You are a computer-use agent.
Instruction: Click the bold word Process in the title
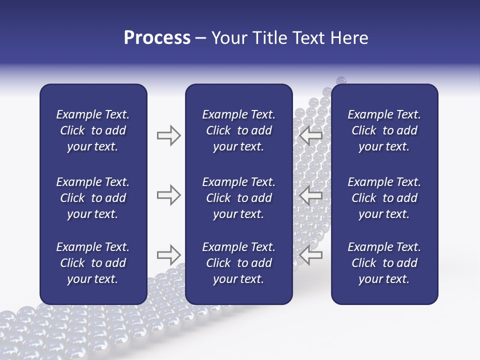[x=157, y=38]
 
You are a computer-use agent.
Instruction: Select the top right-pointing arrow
[x=168, y=135]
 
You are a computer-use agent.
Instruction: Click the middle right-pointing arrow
[x=168, y=195]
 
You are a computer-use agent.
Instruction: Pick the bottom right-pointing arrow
[x=168, y=254]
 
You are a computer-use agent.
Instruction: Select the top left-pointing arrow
[x=310, y=135]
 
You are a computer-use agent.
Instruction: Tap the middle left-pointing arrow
[x=310, y=195]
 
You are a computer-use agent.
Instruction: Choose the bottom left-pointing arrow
[x=310, y=254]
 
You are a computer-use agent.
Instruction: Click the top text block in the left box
[x=93, y=130]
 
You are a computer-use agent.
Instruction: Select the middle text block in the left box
[x=93, y=198]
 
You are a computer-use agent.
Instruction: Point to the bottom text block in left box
[x=93, y=263]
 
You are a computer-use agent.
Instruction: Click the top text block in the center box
[x=238, y=130]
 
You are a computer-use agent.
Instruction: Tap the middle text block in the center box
[x=238, y=198]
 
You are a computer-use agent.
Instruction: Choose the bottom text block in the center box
[x=238, y=263]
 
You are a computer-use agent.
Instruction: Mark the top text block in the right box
[x=384, y=130]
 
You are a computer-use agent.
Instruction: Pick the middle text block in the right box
[x=384, y=198]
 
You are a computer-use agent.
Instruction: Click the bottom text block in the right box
[x=384, y=263]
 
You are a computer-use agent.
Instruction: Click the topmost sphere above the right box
[x=341, y=80]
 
